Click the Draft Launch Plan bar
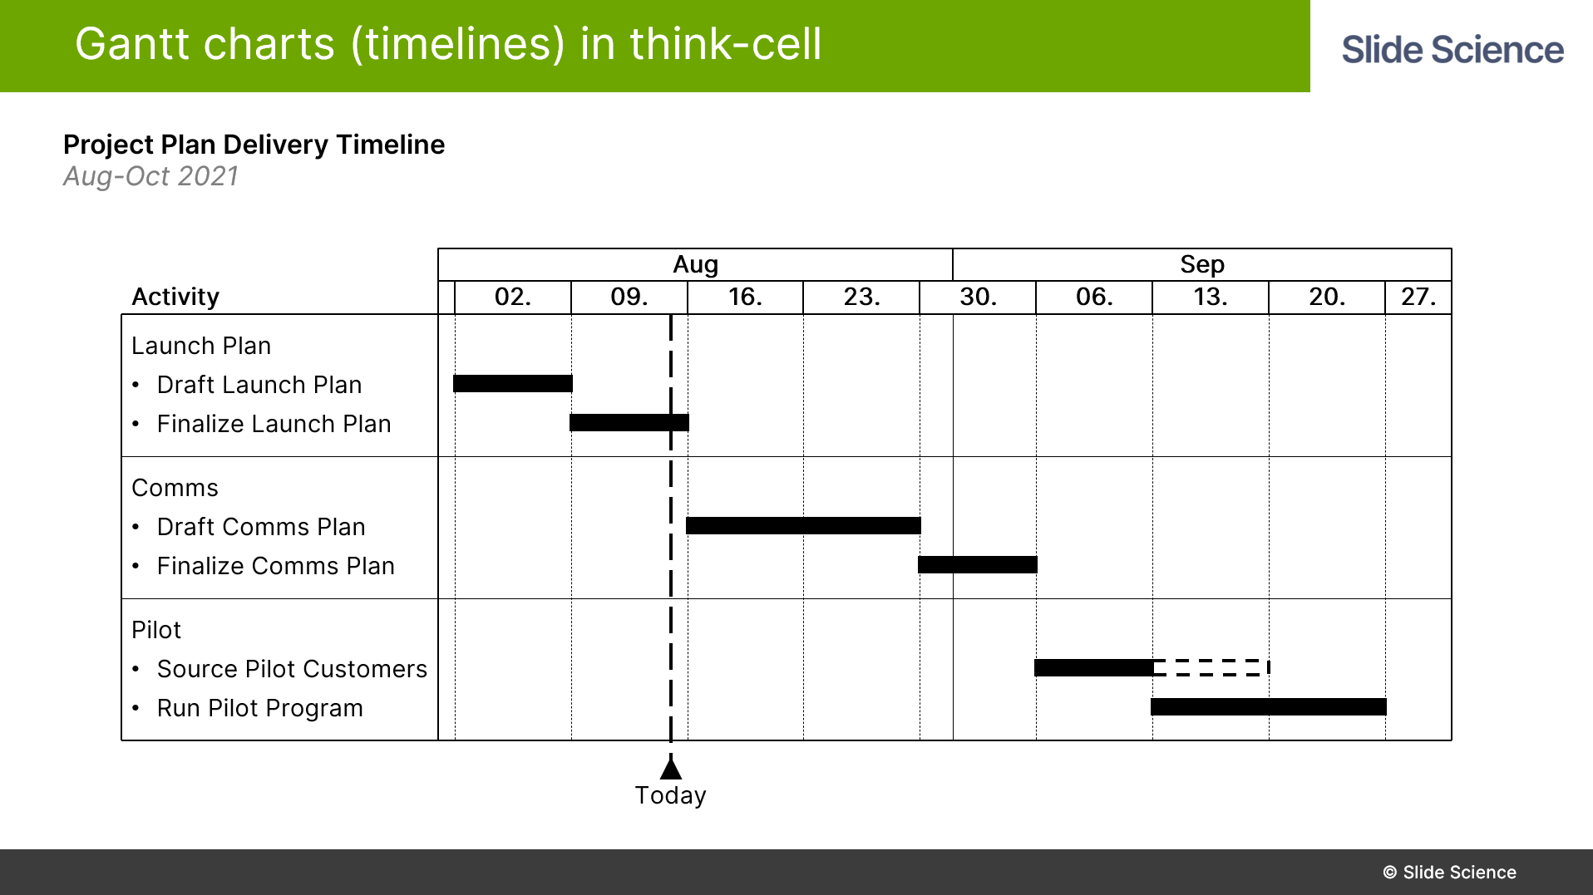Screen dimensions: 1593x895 (x=513, y=383)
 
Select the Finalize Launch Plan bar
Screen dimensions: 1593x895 (x=629, y=422)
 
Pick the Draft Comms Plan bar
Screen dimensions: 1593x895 (x=803, y=525)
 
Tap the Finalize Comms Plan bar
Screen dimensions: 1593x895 (x=978, y=564)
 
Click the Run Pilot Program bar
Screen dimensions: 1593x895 (x=1269, y=706)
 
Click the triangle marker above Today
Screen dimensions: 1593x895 (x=671, y=767)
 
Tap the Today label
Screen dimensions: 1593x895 (x=671, y=795)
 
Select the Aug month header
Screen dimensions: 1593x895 (x=696, y=264)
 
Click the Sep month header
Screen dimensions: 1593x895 (x=1202, y=264)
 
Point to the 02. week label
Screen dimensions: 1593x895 (x=513, y=297)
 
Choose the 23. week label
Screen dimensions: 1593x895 (x=861, y=297)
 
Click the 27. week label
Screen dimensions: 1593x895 (x=1418, y=297)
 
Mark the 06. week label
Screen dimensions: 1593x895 (x=1094, y=297)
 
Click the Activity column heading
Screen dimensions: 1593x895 (x=175, y=297)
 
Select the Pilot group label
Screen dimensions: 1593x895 (x=156, y=630)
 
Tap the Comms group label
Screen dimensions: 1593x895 (x=175, y=488)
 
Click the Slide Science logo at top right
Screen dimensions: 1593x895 (x=1452, y=50)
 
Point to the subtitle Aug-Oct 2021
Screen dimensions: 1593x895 (x=150, y=176)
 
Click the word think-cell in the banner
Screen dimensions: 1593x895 (x=726, y=44)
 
